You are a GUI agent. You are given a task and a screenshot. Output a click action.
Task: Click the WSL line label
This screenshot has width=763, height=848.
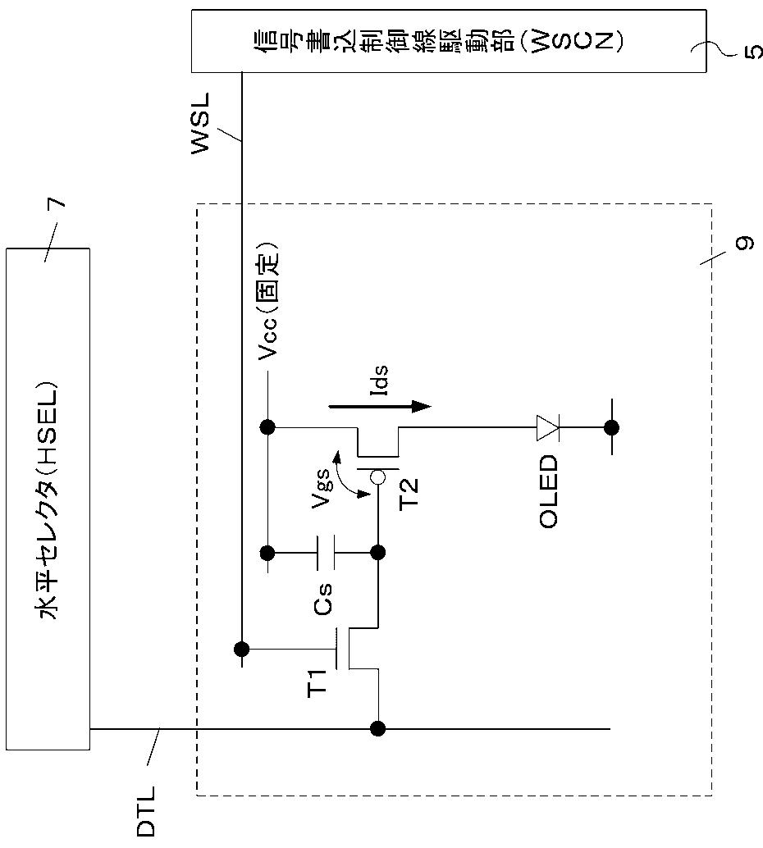pyautogui.click(x=199, y=124)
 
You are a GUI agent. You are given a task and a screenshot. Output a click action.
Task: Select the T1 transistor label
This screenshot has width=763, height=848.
pyautogui.click(x=318, y=682)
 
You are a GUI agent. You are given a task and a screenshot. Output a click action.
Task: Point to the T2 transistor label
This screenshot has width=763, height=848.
pyautogui.click(x=409, y=493)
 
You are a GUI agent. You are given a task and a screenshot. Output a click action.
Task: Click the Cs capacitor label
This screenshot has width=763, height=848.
pyautogui.click(x=323, y=599)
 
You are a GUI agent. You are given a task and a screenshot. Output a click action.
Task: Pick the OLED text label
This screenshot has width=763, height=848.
pyautogui.click(x=548, y=491)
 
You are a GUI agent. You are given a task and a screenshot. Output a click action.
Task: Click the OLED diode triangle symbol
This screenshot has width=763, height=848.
pyautogui.click(x=547, y=427)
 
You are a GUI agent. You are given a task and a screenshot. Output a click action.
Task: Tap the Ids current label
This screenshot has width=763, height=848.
pyautogui.click(x=381, y=380)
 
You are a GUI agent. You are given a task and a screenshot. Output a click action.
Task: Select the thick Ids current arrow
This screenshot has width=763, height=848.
pyautogui.click(x=380, y=406)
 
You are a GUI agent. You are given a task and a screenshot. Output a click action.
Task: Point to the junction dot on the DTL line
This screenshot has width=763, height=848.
pyautogui.click(x=377, y=728)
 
